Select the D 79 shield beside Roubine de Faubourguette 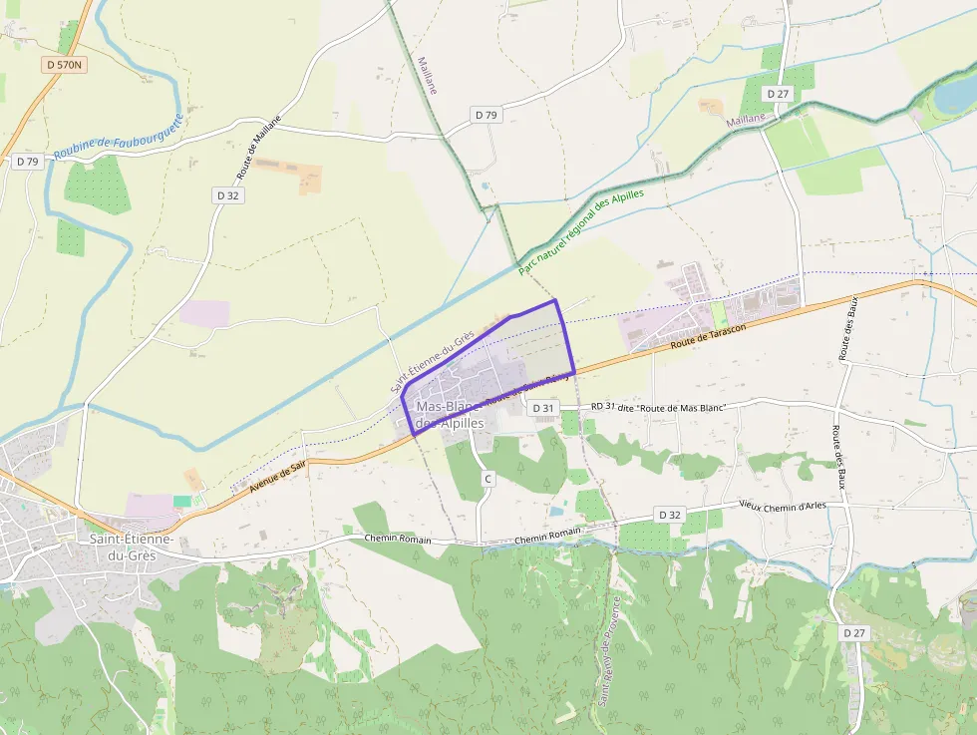(x=27, y=162)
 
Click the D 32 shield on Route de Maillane (x=228, y=195)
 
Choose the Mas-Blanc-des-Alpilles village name (x=449, y=415)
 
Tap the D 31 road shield (x=542, y=408)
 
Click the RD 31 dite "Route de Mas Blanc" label (x=657, y=406)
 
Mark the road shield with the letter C (x=488, y=480)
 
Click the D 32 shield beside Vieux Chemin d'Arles (x=670, y=515)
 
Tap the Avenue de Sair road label (x=278, y=474)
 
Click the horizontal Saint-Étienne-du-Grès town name (x=132, y=547)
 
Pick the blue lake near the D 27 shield (x=955, y=95)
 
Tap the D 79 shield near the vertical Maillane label (x=486, y=115)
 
